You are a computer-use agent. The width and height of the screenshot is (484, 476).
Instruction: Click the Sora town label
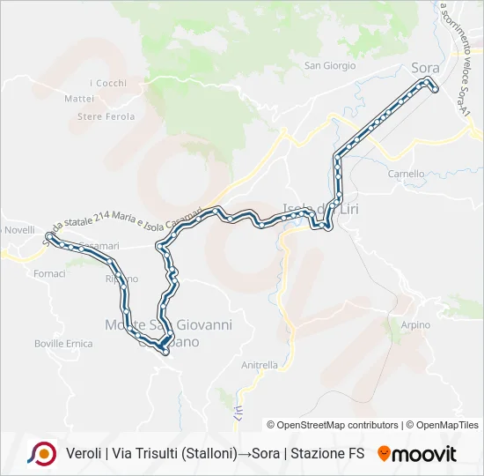[x=425, y=67]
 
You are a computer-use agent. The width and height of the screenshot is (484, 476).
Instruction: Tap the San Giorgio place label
[x=330, y=65]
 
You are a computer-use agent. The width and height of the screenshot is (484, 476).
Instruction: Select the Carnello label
[x=406, y=174]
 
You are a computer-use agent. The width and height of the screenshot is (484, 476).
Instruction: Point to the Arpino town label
[x=415, y=325]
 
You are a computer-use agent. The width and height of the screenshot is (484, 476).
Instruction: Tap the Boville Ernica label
[x=62, y=343]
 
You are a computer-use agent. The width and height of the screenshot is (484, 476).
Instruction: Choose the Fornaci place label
[x=50, y=274]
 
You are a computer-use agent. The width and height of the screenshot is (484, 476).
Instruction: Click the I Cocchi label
[x=108, y=84]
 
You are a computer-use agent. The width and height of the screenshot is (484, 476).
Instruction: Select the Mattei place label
[x=79, y=99]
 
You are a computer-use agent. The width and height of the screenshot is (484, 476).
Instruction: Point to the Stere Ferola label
[x=106, y=116]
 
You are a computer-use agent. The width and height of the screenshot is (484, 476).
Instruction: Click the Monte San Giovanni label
[x=168, y=325]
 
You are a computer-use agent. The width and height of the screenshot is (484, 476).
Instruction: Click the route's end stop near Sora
[x=434, y=86]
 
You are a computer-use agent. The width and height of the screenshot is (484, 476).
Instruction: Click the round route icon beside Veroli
[x=42, y=454]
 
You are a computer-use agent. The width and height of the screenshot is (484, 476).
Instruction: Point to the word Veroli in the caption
[x=84, y=454]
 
